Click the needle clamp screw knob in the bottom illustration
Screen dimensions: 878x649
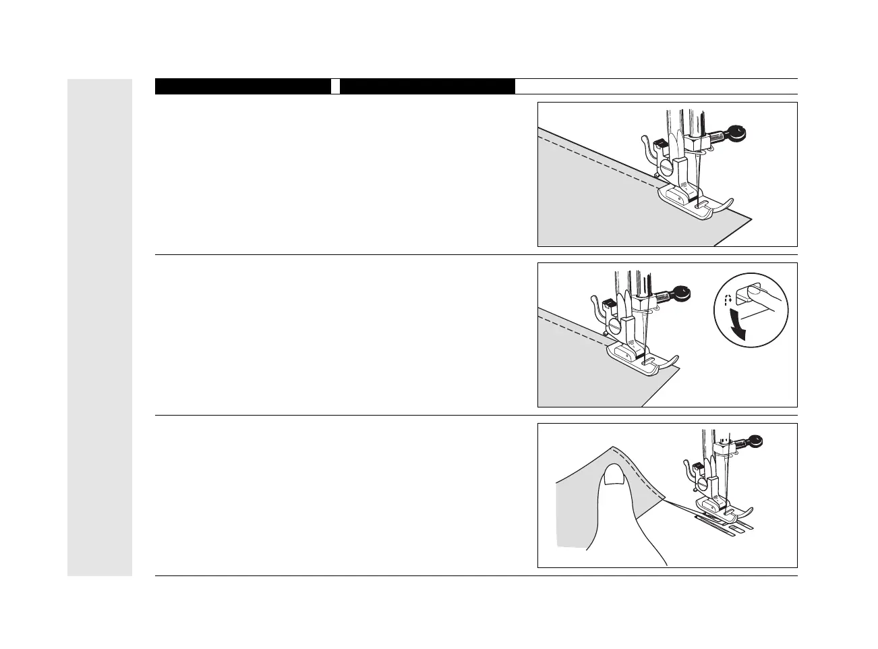coord(756,441)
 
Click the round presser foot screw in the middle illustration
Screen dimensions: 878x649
coord(615,325)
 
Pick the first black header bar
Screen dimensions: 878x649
coord(243,86)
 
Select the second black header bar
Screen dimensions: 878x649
coord(428,86)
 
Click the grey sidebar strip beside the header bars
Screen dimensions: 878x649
coord(100,327)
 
